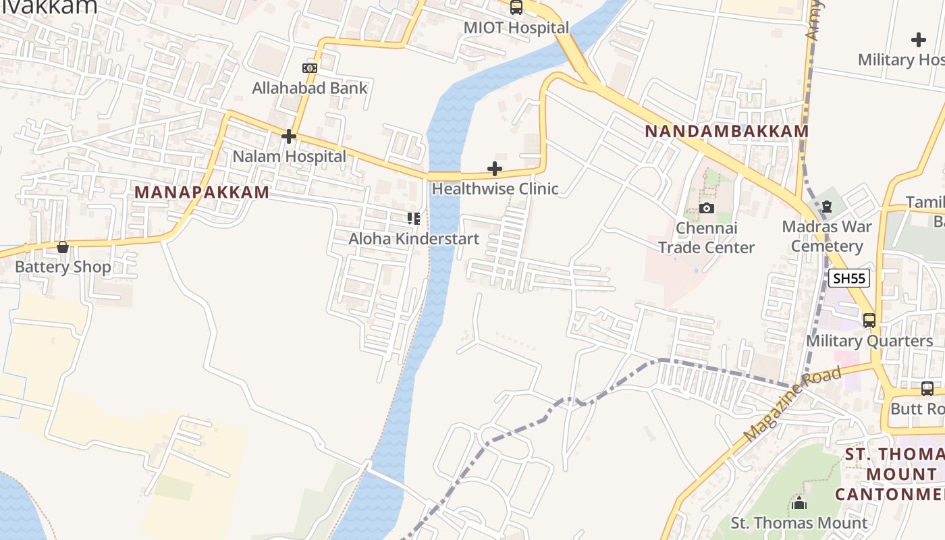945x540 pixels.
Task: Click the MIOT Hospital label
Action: (x=516, y=28)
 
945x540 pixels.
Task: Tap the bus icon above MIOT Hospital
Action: (x=516, y=7)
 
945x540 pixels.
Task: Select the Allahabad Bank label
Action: (x=310, y=88)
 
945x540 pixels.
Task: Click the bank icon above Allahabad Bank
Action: (x=310, y=68)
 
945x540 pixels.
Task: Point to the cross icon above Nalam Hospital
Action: (x=289, y=137)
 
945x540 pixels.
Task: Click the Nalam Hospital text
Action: (x=289, y=157)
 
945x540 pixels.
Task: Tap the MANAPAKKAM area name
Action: (x=202, y=192)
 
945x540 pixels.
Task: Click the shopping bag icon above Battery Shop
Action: (x=63, y=247)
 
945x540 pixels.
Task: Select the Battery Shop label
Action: (x=63, y=267)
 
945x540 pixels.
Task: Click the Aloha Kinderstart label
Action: (x=414, y=238)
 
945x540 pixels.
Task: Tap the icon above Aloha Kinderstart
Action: (x=414, y=219)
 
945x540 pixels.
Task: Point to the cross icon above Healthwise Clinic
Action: (x=495, y=169)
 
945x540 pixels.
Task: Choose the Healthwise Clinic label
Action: (x=495, y=188)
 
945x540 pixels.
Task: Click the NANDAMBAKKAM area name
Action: (x=726, y=131)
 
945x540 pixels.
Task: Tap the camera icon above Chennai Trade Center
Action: (x=707, y=208)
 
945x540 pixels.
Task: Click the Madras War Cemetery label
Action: (x=827, y=236)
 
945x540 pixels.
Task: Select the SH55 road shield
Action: (x=849, y=278)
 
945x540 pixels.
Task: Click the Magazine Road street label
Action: (x=792, y=404)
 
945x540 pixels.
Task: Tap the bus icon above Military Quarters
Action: (x=869, y=321)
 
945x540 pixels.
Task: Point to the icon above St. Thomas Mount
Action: (x=799, y=503)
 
